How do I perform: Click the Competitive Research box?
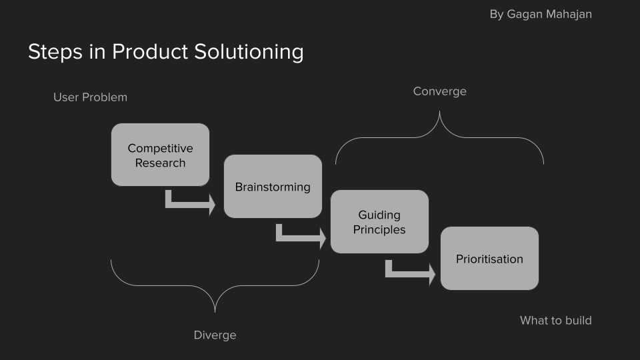click(x=160, y=155)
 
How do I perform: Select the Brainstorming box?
click(x=273, y=187)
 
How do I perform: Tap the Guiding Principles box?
click(x=379, y=221)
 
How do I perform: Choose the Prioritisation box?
click(x=489, y=259)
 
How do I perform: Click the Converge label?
click(x=439, y=91)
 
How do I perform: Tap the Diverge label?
click(x=215, y=335)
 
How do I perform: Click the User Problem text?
click(x=90, y=97)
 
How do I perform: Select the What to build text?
click(x=555, y=321)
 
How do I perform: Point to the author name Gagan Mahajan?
click(x=549, y=14)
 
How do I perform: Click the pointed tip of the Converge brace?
click(x=439, y=112)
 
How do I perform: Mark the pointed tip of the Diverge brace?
click(x=215, y=311)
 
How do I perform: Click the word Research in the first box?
click(x=160, y=163)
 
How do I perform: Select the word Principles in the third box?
click(x=379, y=229)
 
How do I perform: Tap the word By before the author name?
click(x=497, y=14)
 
